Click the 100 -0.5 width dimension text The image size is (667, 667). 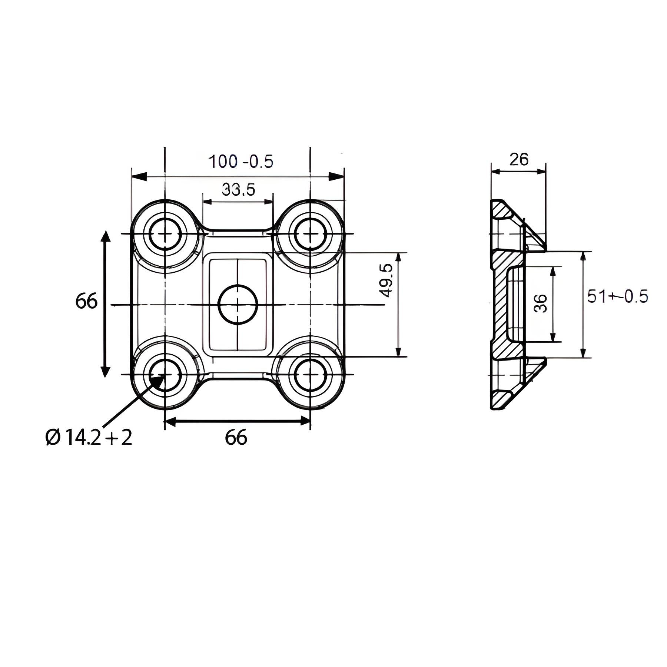[x=241, y=162]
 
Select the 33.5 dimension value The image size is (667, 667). [x=238, y=190]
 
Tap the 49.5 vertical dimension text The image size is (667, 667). [x=386, y=280]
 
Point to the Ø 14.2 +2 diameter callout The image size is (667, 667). [x=89, y=438]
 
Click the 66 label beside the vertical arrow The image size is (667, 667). [x=86, y=301]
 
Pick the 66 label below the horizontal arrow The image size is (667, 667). [x=236, y=438]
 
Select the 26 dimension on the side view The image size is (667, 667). [x=518, y=160]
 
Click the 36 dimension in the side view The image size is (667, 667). [x=541, y=303]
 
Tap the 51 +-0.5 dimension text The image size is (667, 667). [x=617, y=297]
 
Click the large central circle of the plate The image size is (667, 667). [x=238, y=305]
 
